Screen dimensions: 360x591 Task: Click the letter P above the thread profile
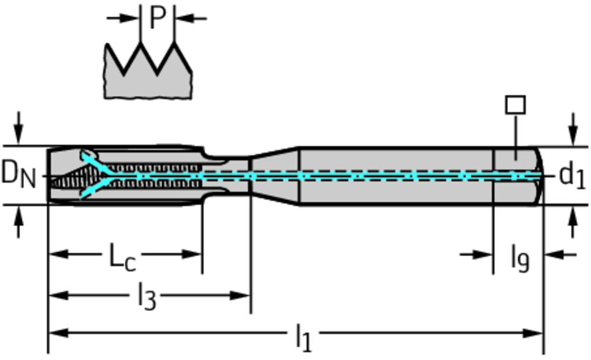pyautogui.click(x=157, y=18)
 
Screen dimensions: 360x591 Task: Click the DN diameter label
pyautogui.click(x=17, y=174)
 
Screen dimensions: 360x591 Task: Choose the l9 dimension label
pyautogui.click(x=519, y=257)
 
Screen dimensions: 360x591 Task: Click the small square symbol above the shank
pyautogui.click(x=515, y=105)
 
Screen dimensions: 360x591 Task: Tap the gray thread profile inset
pyautogui.click(x=148, y=78)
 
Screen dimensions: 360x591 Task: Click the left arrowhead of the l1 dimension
pyautogui.click(x=55, y=333)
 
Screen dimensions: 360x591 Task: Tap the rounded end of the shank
pyautogui.click(x=538, y=175)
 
